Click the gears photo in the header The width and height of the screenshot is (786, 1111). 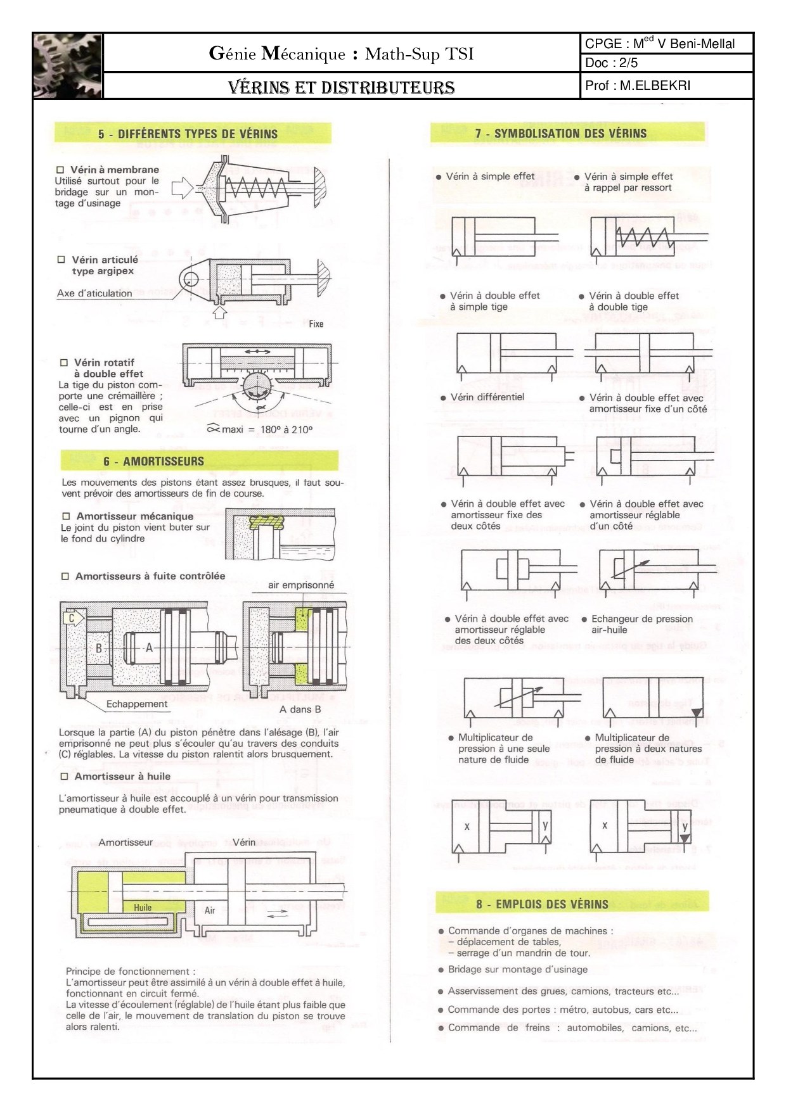tap(68, 66)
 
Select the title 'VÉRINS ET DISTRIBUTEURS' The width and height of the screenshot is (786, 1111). tap(341, 87)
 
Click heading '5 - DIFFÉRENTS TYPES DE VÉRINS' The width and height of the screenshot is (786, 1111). tap(188, 134)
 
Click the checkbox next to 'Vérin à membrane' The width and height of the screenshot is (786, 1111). tap(61, 170)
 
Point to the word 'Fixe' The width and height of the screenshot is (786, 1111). tap(316, 324)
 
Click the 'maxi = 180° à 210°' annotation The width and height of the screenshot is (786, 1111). tap(260, 429)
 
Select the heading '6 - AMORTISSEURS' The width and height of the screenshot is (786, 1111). tap(154, 461)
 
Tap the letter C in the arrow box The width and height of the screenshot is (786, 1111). tap(72, 618)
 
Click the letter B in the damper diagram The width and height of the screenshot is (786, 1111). tap(99, 648)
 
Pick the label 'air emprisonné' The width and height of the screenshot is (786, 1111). tap(300, 585)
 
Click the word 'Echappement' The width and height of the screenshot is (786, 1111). tap(137, 704)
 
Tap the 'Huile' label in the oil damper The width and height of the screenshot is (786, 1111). tap(143, 908)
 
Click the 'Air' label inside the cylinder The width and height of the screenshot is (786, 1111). tap(210, 910)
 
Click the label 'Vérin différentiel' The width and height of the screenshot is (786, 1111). tap(487, 397)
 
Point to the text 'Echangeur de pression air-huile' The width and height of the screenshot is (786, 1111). tap(641, 624)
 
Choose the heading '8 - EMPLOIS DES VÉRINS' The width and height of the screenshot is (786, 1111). tap(542, 904)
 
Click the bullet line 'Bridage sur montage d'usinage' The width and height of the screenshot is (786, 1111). tap(517, 969)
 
